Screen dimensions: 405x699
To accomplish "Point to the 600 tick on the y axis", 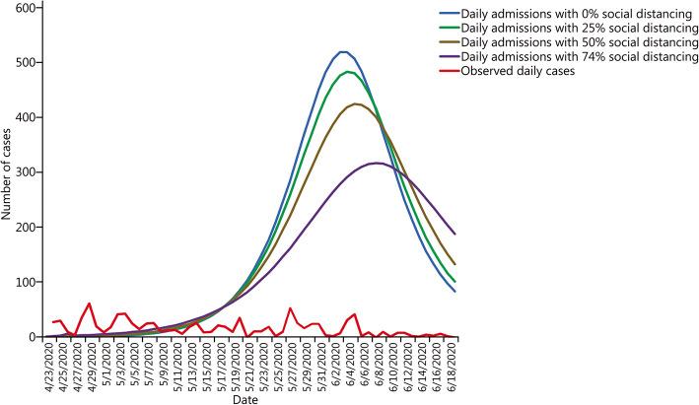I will click(x=28, y=8).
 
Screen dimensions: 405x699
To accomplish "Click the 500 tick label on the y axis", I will click(x=28, y=63).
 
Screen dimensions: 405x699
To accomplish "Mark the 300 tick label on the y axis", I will click(x=28, y=172).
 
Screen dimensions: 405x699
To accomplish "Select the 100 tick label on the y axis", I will click(x=28, y=283).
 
